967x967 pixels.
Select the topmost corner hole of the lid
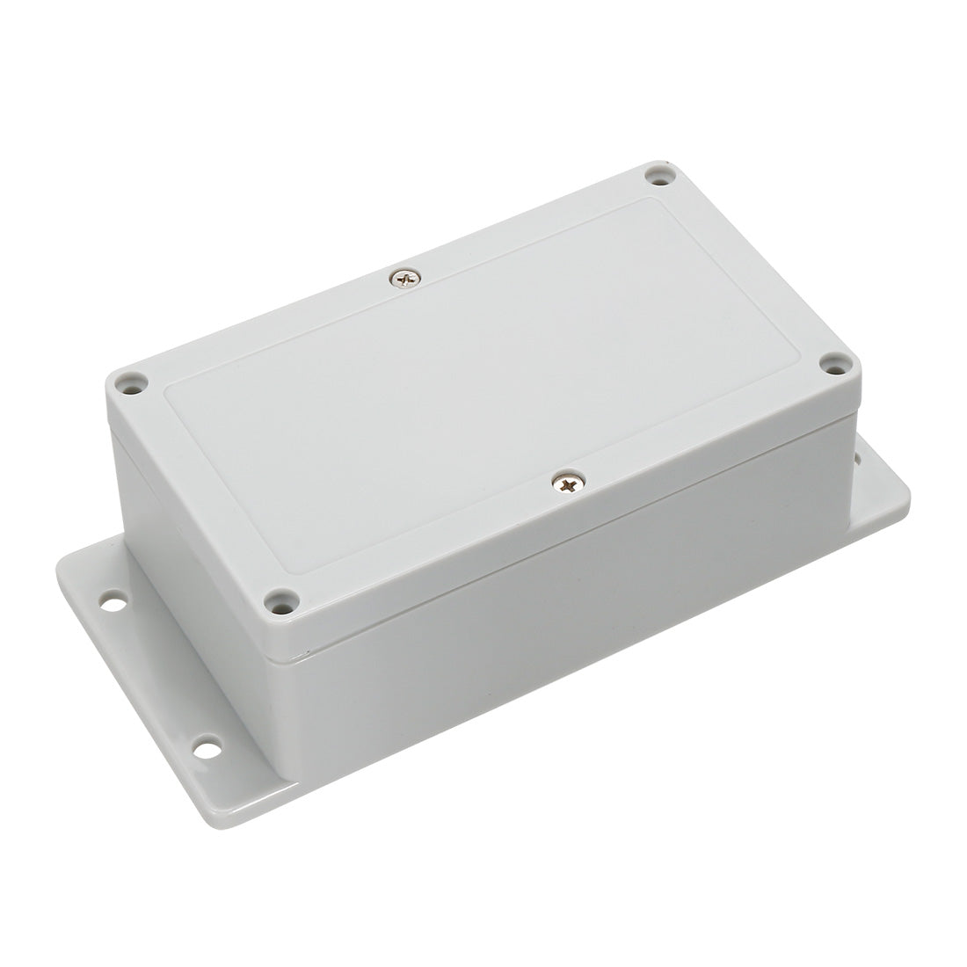pos(659,178)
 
